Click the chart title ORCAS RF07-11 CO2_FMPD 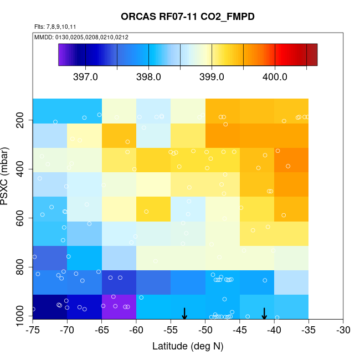pyautogui.click(x=188, y=17)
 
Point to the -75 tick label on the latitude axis pyautogui.click(x=33, y=331)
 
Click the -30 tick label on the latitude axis pyautogui.click(x=343, y=331)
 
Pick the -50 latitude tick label pyautogui.click(x=205, y=331)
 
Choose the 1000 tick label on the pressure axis pyautogui.click(x=22, y=317)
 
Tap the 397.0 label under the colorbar pyautogui.click(x=85, y=77)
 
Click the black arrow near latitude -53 pyautogui.click(x=184, y=313)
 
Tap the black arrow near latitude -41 pyautogui.click(x=264, y=313)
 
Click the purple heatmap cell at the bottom pyautogui.click(x=119, y=307)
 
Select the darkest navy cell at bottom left pyautogui.click(x=50, y=307)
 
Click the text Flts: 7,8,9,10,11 pyautogui.click(x=55, y=27)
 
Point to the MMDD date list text pyautogui.click(x=81, y=37)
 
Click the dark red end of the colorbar pyautogui.click(x=312, y=55)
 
